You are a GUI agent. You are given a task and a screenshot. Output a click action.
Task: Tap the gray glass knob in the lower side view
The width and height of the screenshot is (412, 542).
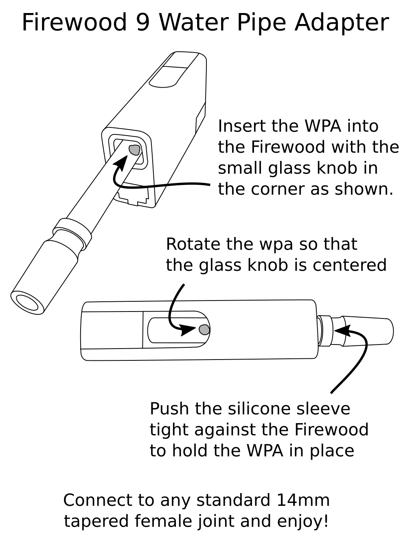coord(204,329)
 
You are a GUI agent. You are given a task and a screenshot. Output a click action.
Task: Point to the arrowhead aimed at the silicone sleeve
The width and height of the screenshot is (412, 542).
coord(341,330)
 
